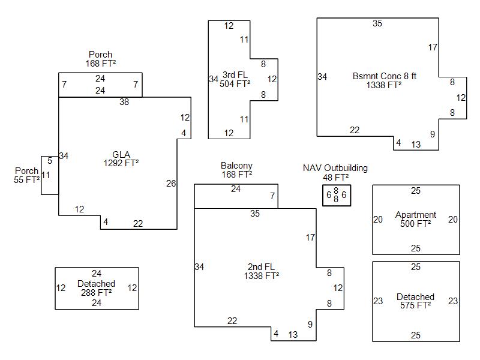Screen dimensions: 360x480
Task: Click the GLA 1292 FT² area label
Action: click(x=121, y=158)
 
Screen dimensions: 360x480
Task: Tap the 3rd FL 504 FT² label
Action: click(x=235, y=79)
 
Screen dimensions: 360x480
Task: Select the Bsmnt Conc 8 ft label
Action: click(x=384, y=80)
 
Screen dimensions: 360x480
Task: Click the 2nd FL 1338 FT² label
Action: click(x=261, y=271)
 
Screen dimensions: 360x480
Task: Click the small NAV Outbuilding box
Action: click(x=336, y=195)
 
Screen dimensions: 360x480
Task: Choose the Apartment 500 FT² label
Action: click(x=416, y=219)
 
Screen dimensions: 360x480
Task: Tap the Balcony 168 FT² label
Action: click(x=236, y=170)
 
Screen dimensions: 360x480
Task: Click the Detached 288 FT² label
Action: click(x=96, y=288)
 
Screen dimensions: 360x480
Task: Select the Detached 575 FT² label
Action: click(x=415, y=301)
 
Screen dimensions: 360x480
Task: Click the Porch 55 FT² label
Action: click(x=26, y=175)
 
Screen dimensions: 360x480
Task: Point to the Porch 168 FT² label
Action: click(x=100, y=59)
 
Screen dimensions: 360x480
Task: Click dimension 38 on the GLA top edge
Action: click(x=124, y=102)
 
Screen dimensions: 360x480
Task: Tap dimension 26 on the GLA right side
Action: click(x=171, y=184)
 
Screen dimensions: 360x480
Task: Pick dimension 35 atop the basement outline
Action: click(x=377, y=23)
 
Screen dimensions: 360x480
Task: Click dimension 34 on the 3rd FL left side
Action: click(x=214, y=79)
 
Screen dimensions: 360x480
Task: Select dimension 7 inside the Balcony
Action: click(x=272, y=196)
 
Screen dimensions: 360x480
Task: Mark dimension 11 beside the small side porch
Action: click(x=46, y=175)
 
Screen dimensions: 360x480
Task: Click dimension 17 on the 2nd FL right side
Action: click(x=310, y=238)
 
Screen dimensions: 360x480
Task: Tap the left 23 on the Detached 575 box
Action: click(x=378, y=301)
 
